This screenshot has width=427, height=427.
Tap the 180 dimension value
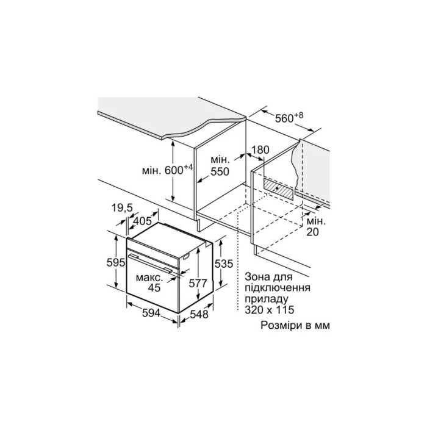[x=260, y=149]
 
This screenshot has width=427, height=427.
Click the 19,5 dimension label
[x=122, y=208]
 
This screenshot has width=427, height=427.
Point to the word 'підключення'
[x=276, y=287]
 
